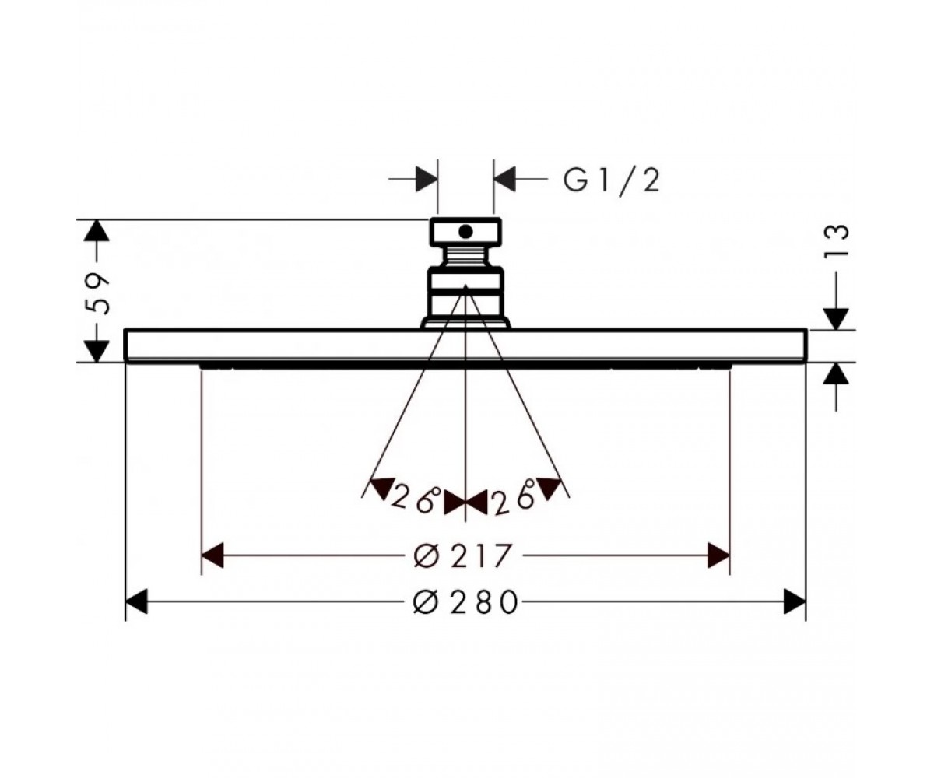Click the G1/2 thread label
pos(611,182)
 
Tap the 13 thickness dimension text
pos(836,240)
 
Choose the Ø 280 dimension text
pos(465,602)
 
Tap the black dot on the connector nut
pos(465,232)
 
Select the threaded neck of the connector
pos(465,256)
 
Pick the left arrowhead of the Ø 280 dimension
pos(136,601)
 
